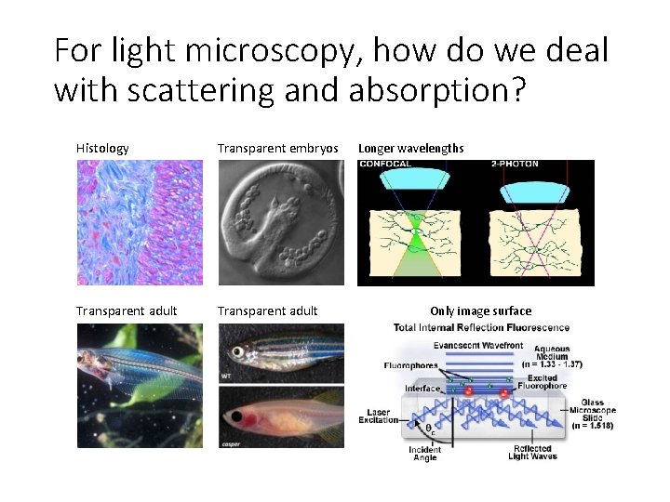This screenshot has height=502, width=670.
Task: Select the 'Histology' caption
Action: (x=102, y=148)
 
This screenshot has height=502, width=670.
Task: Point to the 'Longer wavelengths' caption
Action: (x=410, y=148)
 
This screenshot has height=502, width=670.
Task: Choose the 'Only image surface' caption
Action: (x=480, y=311)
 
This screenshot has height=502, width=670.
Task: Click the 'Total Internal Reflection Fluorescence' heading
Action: (x=481, y=327)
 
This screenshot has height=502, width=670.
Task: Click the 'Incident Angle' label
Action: (x=425, y=453)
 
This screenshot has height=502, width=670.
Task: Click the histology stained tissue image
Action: (x=140, y=222)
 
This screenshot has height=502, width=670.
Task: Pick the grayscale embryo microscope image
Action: (x=280, y=222)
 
